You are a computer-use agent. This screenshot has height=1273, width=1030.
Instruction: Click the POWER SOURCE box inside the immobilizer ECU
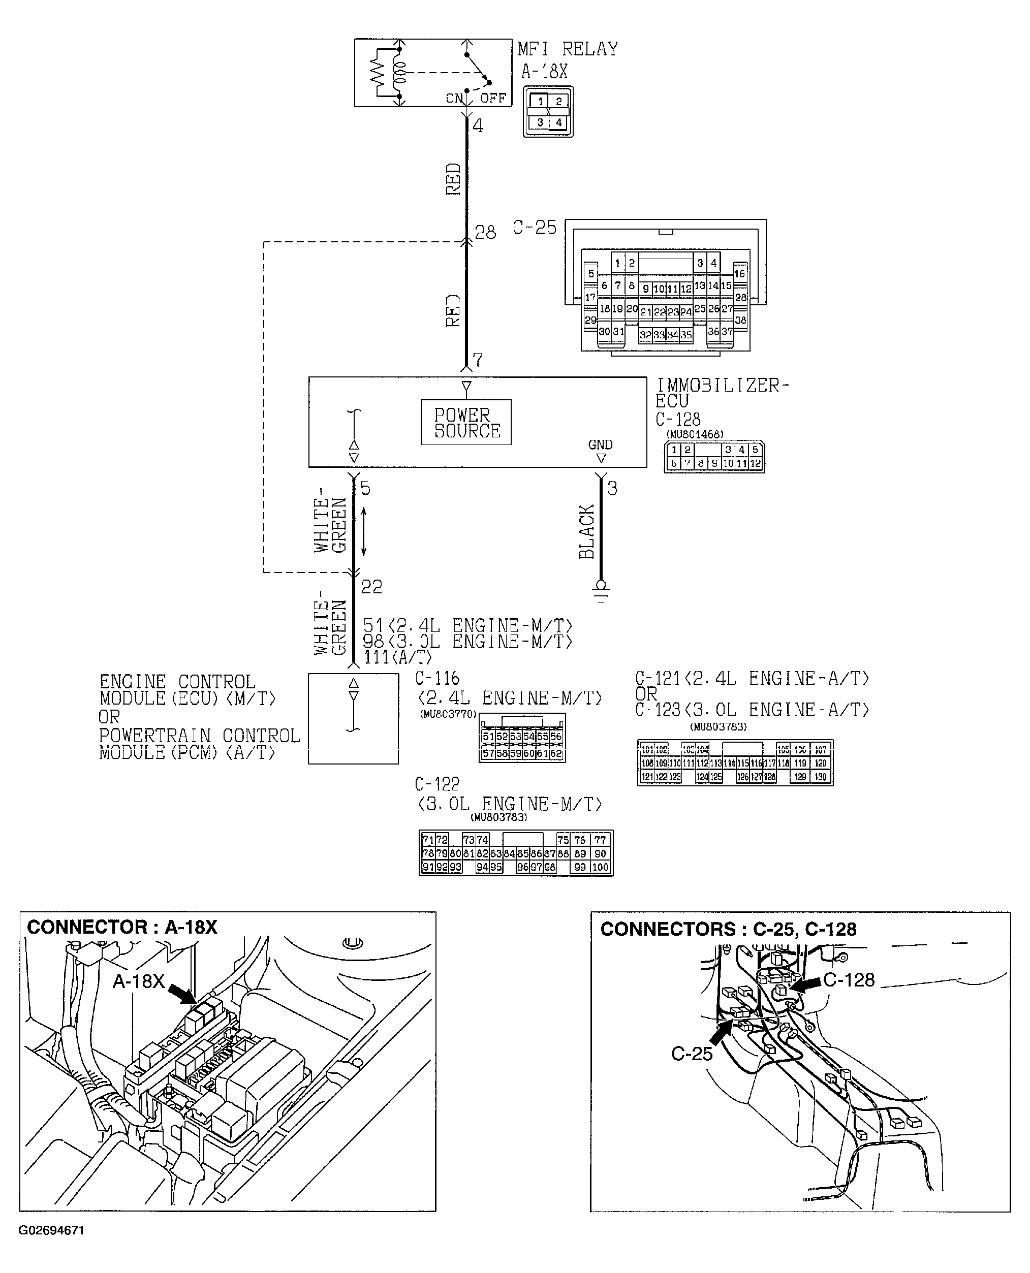pyautogui.click(x=466, y=422)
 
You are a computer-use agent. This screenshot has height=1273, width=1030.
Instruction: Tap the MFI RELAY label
pyautogui.click(x=567, y=49)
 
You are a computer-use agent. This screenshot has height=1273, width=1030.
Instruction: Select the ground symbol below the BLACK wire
pyautogui.click(x=601, y=591)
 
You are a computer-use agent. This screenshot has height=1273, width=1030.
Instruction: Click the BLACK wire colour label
pyautogui.click(x=587, y=531)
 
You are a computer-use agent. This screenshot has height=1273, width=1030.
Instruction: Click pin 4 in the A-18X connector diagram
pyautogui.click(x=558, y=123)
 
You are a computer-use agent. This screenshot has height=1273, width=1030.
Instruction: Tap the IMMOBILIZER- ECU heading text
pyautogui.click(x=722, y=393)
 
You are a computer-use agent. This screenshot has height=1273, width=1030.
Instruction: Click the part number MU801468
pyautogui.click(x=694, y=434)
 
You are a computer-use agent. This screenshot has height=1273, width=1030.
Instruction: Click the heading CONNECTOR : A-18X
pyautogui.click(x=122, y=927)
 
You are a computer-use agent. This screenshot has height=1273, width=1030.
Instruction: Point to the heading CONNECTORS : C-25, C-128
pyautogui.click(x=728, y=929)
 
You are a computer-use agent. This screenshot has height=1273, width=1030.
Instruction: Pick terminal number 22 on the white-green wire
pyautogui.click(x=371, y=587)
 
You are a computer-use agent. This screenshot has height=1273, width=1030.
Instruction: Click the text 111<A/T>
pyautogui.click(x=397, y=657)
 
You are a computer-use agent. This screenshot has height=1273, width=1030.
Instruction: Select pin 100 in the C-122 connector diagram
pyautogui.click(x=601, y=867)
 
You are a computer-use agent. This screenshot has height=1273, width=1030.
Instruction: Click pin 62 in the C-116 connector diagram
pyautogui.click(x=555, y=754)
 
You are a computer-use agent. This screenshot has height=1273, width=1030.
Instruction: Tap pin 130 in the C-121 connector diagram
pyautogui.click(x=820, y=777)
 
